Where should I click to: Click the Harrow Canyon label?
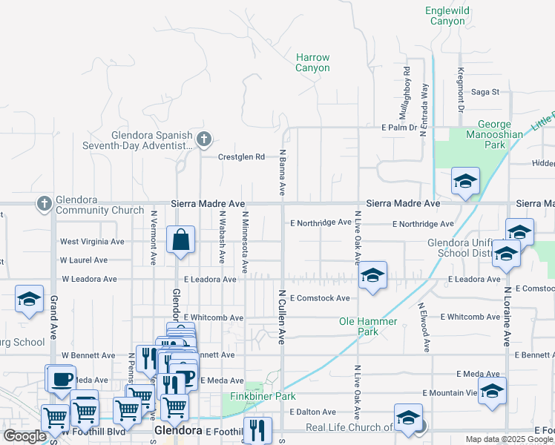click(312, 62)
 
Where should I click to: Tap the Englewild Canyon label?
click(445, 16)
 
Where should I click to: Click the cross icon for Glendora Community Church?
click(44, 203)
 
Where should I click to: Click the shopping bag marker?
click(180, 240)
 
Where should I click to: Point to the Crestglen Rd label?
click(241, 157)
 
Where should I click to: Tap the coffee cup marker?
click(62, 379)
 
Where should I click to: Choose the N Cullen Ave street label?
click(282, 316)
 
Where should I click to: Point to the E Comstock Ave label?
click(320, 298)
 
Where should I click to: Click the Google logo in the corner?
click(24, 436)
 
